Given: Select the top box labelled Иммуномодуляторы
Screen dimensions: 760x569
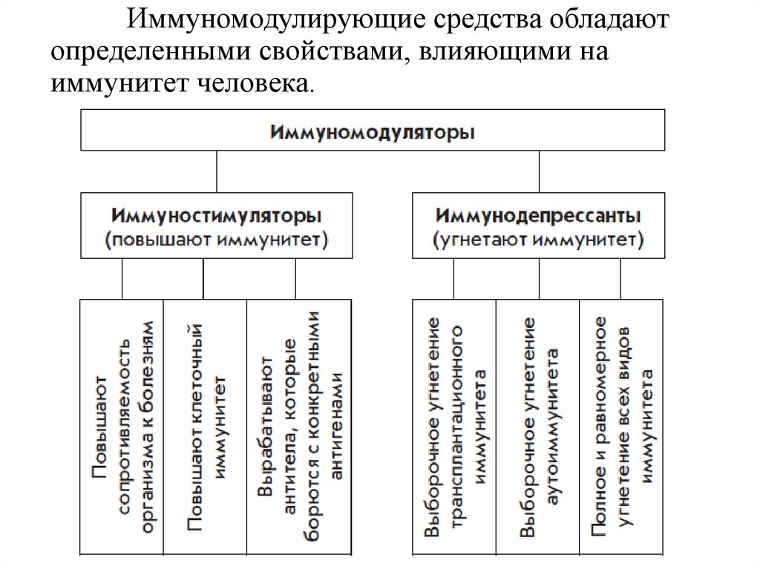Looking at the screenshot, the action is [x=373, y=131].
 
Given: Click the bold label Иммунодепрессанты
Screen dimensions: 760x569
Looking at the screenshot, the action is [x=539, y=216].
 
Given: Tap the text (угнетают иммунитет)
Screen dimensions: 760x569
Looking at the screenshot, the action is [x=539, y=240].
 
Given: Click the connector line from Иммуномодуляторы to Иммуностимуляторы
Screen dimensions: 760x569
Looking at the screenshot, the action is [x=217, y=172].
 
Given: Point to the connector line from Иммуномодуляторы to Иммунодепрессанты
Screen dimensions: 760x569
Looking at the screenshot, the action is [x=539, y=172].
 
